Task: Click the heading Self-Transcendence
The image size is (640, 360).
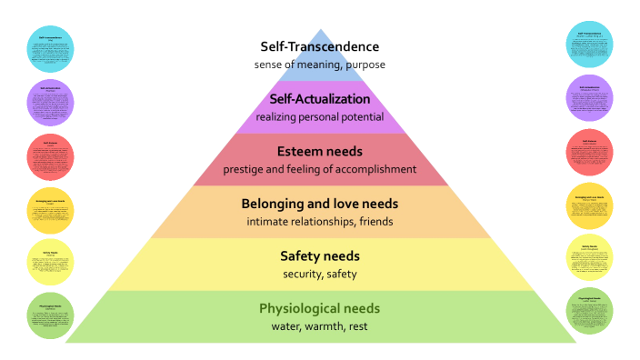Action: [x=318, y=46]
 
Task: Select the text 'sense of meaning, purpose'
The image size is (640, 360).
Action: [x=318, y=65]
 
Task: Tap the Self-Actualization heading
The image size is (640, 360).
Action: [x=319, y=98]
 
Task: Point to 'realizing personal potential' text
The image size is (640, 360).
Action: [x=319, y=116]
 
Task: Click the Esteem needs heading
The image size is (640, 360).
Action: [x=319, y=151]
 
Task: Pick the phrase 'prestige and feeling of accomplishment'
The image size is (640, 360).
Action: [x=319, y=169]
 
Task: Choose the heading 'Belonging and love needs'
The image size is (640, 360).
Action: [x=319, y=204]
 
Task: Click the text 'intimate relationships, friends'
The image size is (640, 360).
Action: [x=319, y=221]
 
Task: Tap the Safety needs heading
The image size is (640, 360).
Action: [x=319, y=255]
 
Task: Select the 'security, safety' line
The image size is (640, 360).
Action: [x=319, y=274]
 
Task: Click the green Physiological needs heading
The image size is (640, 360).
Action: [x=319, y=307]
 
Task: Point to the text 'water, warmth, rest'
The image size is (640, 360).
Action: [x=319, y=325]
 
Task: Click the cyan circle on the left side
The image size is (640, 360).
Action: [x=49, y=48]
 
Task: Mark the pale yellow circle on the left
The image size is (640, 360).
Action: [x=49, y=263]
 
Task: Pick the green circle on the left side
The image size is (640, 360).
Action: [x=49, y=315]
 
